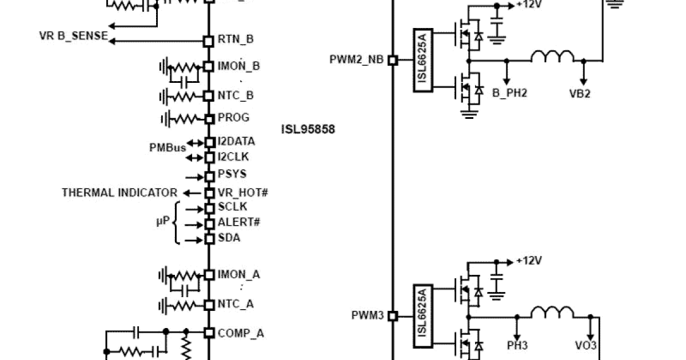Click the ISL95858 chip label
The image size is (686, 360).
(308, 129)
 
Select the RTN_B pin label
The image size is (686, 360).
(236, 39)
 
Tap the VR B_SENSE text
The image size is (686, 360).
(73, 36)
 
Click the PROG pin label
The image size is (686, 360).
(233, 118)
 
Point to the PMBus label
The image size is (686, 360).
(167, 148)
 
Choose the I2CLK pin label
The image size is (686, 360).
(233, 157)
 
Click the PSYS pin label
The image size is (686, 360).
(232, 174)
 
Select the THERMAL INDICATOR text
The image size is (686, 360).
(119, 193)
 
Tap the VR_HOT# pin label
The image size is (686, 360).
(243, 193)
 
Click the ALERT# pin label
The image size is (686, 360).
(239, 222)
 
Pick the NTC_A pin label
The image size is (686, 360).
(236, 304)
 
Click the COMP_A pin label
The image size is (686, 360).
(241, 333)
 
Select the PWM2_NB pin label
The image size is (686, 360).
(357, 59)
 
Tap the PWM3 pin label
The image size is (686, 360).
(368, 315)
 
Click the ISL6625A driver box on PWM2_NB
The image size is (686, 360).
(422, 59)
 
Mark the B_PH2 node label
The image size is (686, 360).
(509, 93)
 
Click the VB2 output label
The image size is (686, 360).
(580, 93)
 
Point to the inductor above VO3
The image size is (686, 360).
(552, 312)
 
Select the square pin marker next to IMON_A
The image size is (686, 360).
(209, 275)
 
